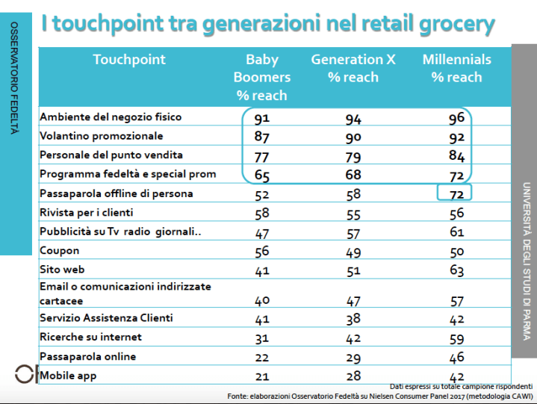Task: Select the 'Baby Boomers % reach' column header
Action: (x=261, y=77)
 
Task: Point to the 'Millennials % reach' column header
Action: (x=457, y=68)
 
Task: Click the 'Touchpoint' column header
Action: (x=129, y=60)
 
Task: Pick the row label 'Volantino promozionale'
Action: (x=101, y=137)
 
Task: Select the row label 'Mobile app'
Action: (x=69, y=376)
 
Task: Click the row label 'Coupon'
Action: (x=59, y=250)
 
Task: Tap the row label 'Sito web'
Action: (x=63, y=270)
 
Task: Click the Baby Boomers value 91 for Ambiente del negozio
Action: (x=261, y=119)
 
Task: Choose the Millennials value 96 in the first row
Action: (x=456, y=119)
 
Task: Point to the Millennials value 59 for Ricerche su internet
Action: (x=456, y=338)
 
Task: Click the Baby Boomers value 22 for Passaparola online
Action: (x=261, y=358)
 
